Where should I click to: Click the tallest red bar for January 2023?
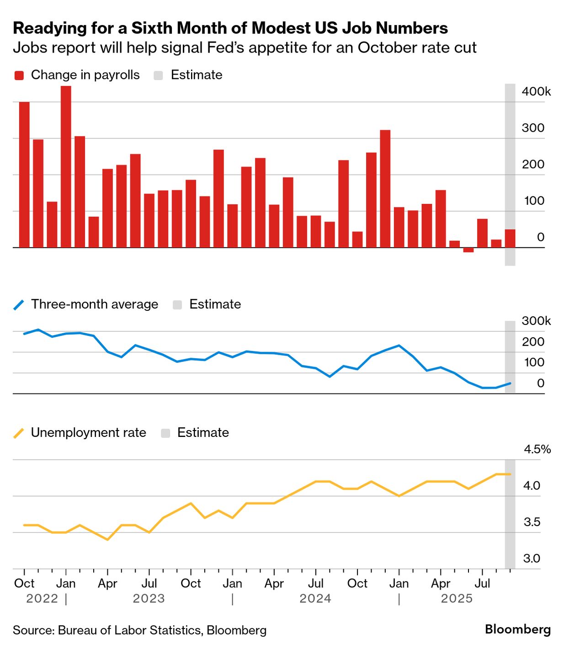[66, 167]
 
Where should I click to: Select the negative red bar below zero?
[468, 250]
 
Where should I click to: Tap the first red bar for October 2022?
[24, 175]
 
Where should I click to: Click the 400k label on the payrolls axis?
[536, 91]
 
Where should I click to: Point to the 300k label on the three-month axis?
[536, 321]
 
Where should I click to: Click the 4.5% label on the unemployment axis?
[537, 449]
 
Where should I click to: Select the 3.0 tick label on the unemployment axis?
[532, 559]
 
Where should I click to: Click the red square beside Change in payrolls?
[19, 75]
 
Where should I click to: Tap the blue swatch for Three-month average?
[19, 305]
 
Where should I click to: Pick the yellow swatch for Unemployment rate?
[19, 433]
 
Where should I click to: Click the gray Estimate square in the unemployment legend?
[165, 433]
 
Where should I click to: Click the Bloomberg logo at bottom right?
[517, 629]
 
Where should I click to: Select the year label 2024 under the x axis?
[315, 599]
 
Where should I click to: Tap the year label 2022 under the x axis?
[42, 599]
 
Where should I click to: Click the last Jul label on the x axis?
[482, 584]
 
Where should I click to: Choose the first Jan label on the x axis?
[66, 584]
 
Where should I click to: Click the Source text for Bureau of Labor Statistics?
[139, 630]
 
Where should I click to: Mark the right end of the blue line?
[510, 383]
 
